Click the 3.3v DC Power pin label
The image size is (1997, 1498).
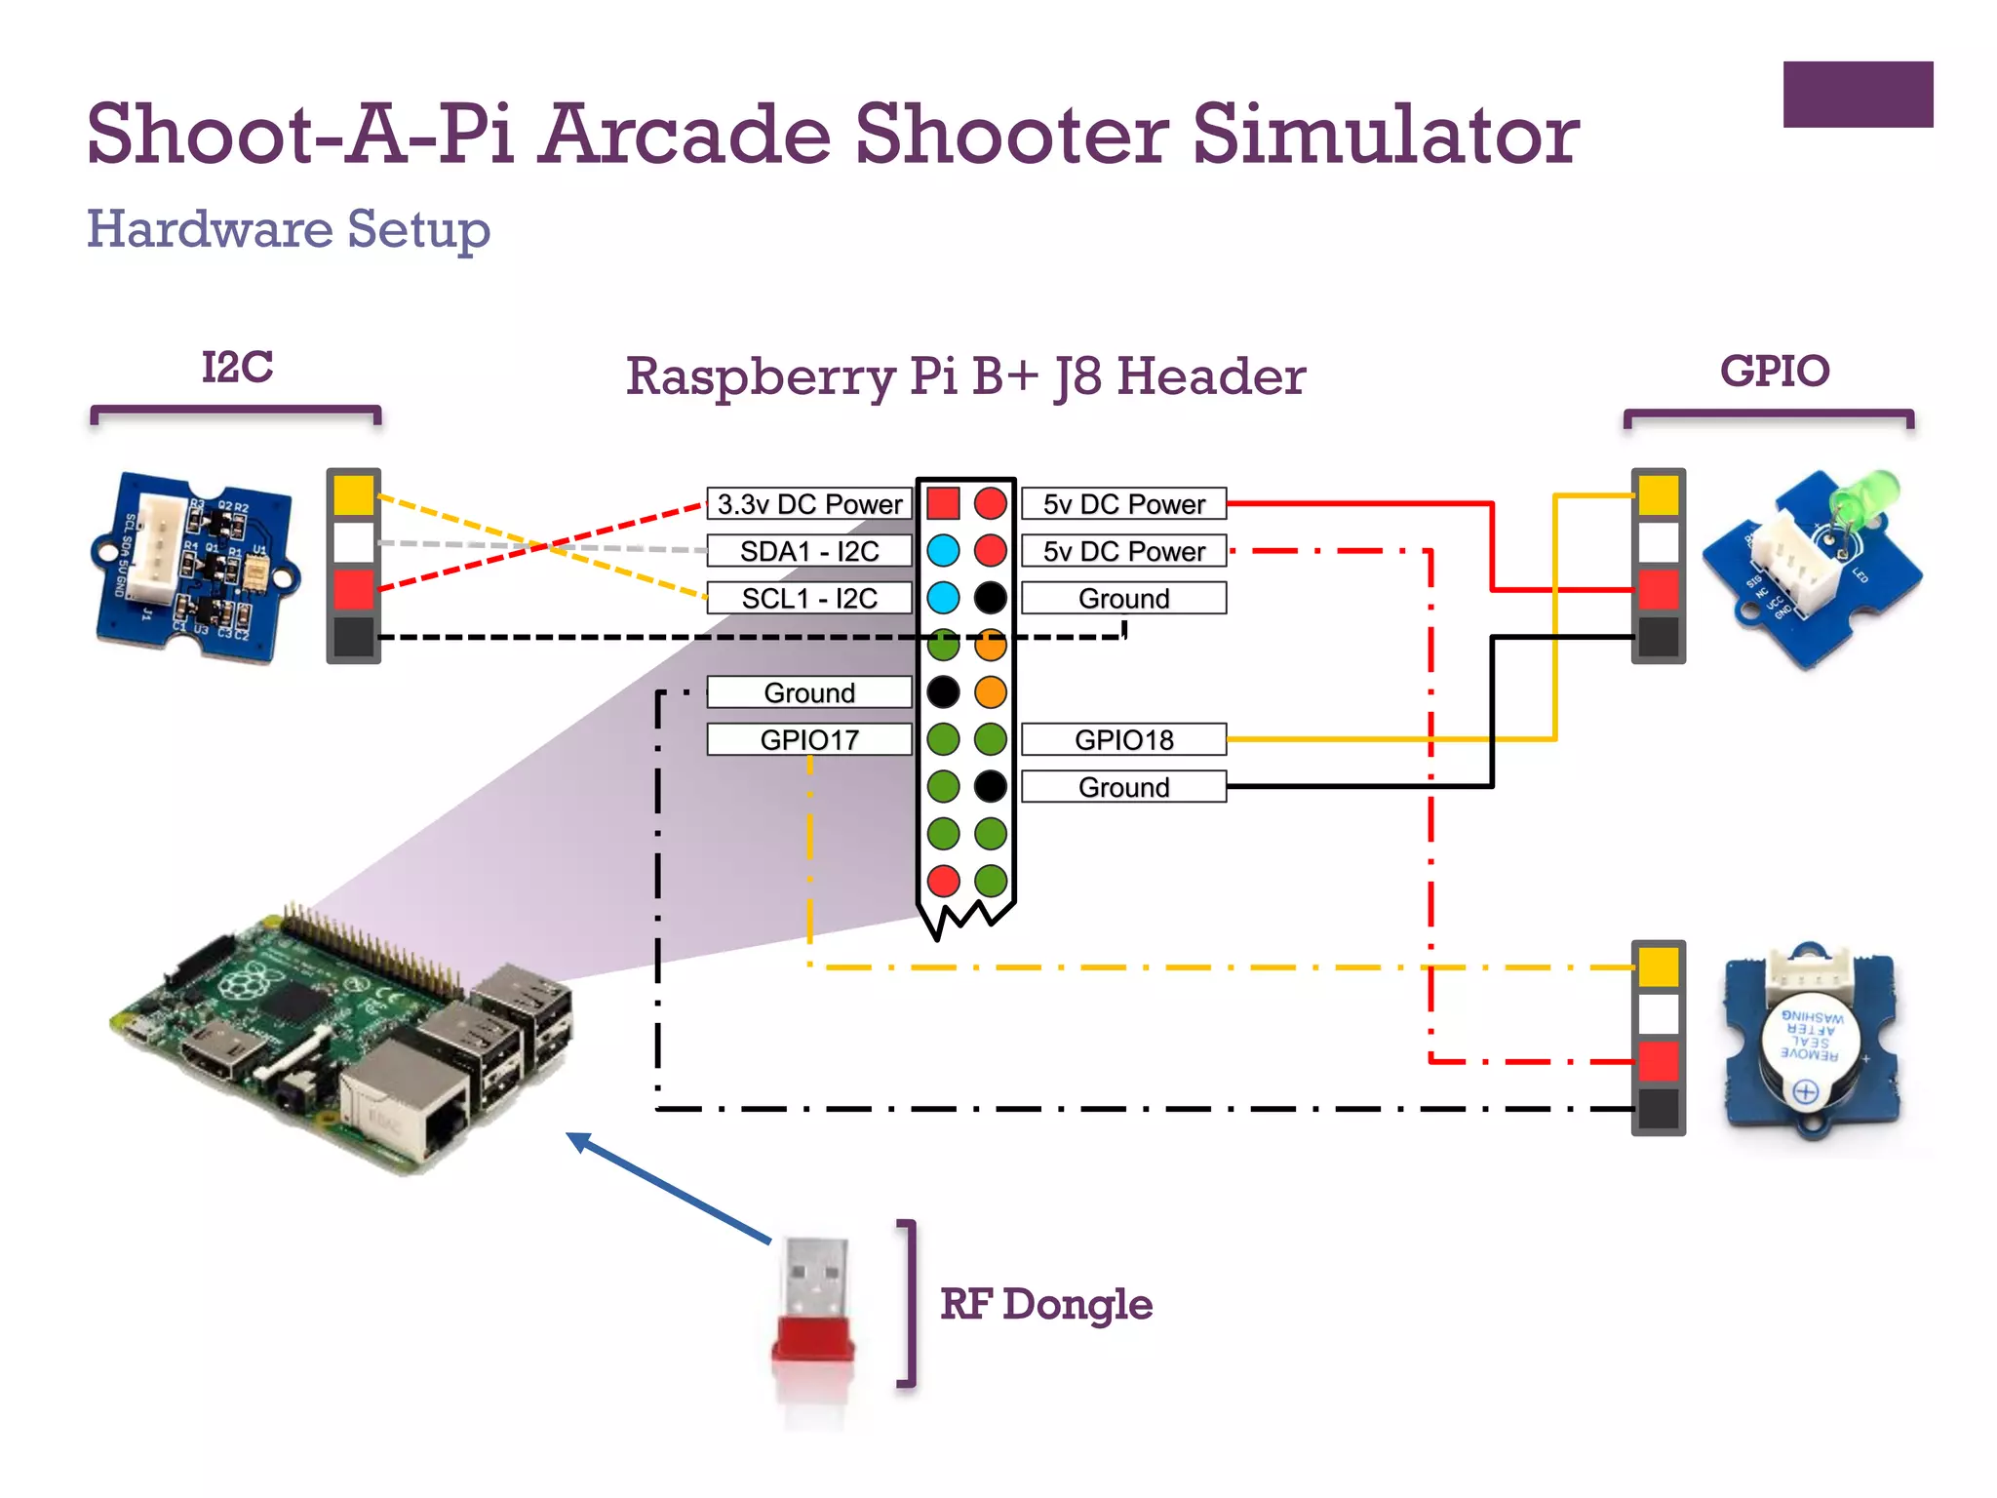(x=808, y=504)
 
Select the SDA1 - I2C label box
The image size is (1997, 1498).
(x=808, y=551)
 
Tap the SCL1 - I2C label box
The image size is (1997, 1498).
(x=808, y=598)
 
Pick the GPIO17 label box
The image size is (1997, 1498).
(x=808, y=739)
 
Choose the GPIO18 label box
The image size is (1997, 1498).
(x=1123, y=739)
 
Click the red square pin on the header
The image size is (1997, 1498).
(x=943, y=503)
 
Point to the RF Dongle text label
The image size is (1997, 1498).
(x=1045, y=1304)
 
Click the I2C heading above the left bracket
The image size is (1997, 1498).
(x=237, y=368)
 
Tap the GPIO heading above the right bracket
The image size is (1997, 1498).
(x=1774, y=371)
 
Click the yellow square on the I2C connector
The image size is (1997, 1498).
(x=353, y=494)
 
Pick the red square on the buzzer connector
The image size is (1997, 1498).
(x=1658, y=1061)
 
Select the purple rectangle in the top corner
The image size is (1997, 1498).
(x=1858, y=95)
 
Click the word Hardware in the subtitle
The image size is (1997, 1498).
(x=210, y=229)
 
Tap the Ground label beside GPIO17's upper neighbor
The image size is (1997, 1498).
(x=808, y=692)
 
